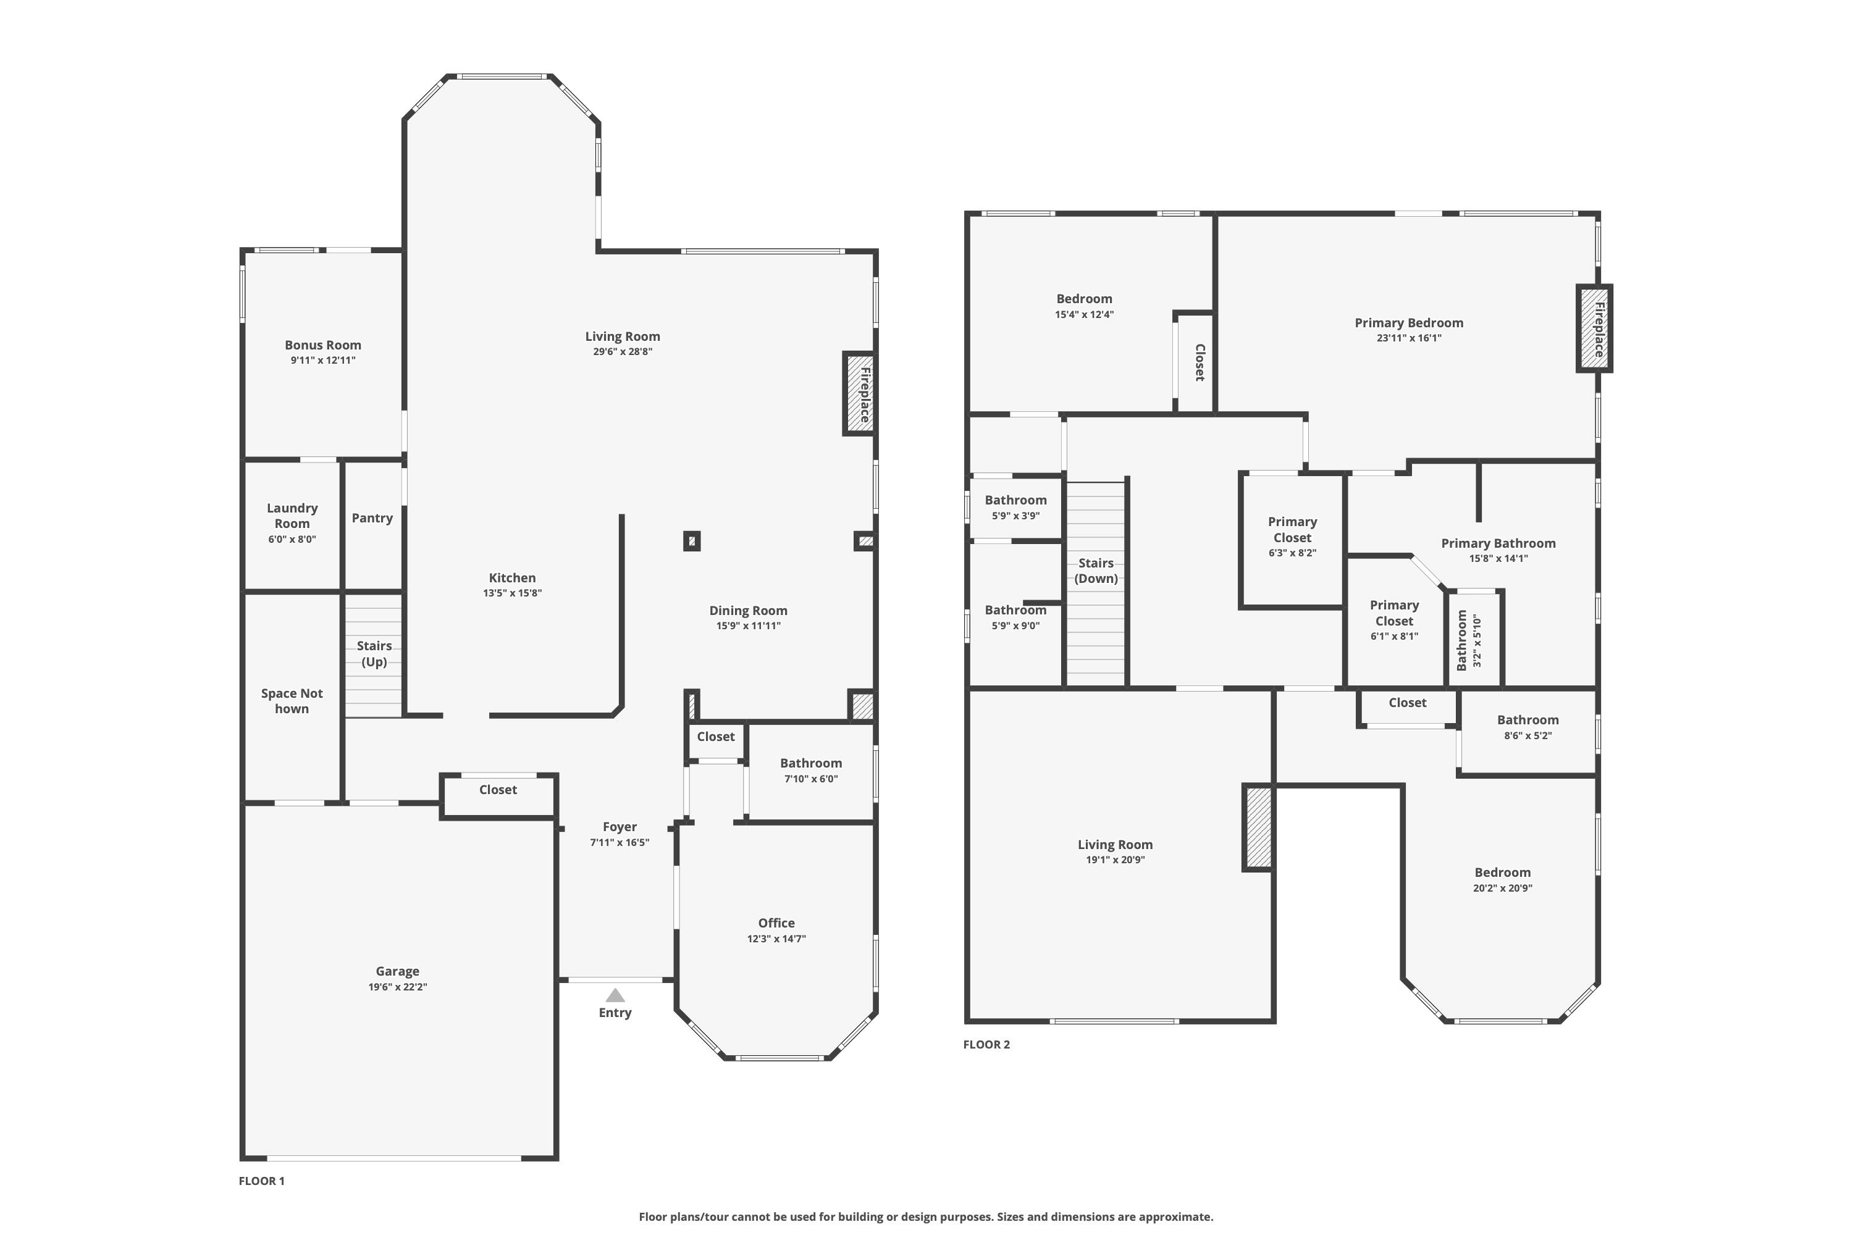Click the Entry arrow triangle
pos(615,995)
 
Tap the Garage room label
pos(397,971)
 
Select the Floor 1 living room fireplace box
pos(860,393)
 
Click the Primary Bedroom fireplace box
pos(1594,329)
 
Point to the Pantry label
pos(372,517)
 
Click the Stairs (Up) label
pos(374,653)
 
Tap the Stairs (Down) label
pos(1096,570)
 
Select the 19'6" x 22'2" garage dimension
pos(397,987)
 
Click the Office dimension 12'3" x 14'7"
pos(776,939)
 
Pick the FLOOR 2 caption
pos(986,1044)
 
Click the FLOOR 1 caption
pos(261,1181)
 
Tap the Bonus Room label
pos(323,345)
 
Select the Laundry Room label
pos(292,515)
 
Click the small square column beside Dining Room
pos(692,541)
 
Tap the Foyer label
pos(620,827)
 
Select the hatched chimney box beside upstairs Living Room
pos(1258,827)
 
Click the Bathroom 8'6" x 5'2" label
pos(1527,720)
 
